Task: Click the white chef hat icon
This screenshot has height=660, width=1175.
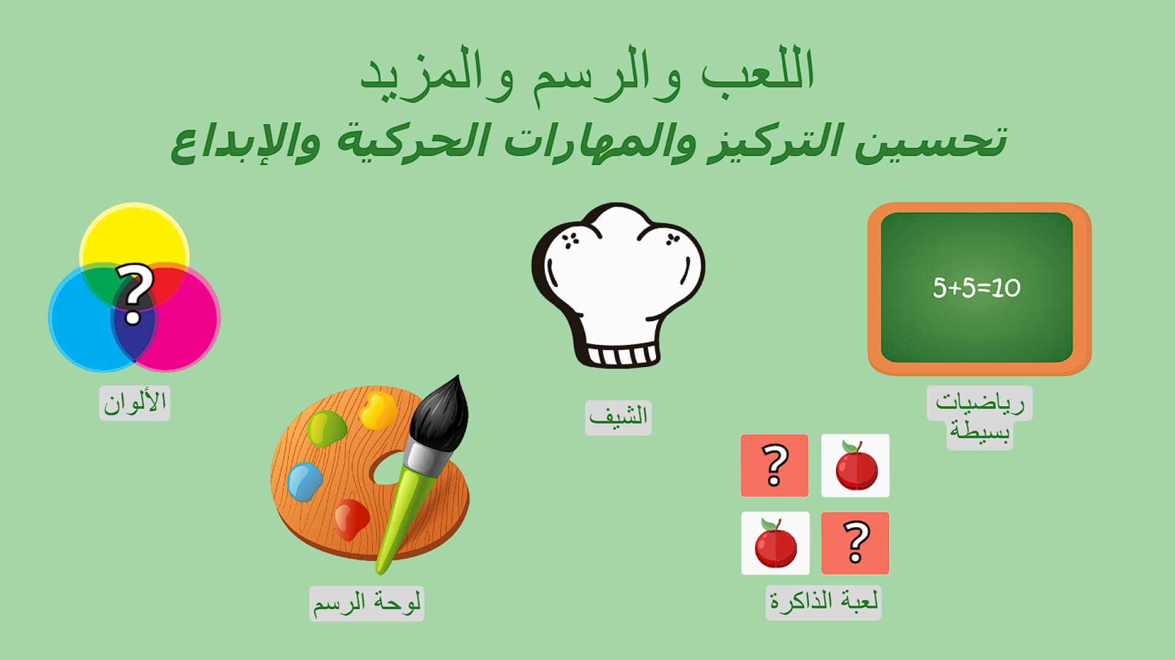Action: (x=618, y=285)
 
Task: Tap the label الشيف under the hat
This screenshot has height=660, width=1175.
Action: (x=618, y=417)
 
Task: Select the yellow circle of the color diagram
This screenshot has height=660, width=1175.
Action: (x=134, y=235)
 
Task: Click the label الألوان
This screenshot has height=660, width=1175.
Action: (x=135, y=402)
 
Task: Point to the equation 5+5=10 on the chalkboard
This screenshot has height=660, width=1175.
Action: (x=977, y=287)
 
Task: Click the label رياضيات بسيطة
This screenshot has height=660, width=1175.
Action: (x=979, y=417)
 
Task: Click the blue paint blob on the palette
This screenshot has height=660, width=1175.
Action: (x=305, y=481)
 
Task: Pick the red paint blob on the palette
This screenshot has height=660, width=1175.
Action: (x=351, y=519)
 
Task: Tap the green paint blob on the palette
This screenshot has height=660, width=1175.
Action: (x=326, y=428)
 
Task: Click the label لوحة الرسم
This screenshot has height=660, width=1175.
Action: (x=367, y=603)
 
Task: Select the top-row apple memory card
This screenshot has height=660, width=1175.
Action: (x=855, y=465)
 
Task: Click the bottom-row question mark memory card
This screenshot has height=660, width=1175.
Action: (x=855, y=543)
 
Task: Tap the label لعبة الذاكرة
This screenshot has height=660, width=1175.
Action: (x=824, y=602)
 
